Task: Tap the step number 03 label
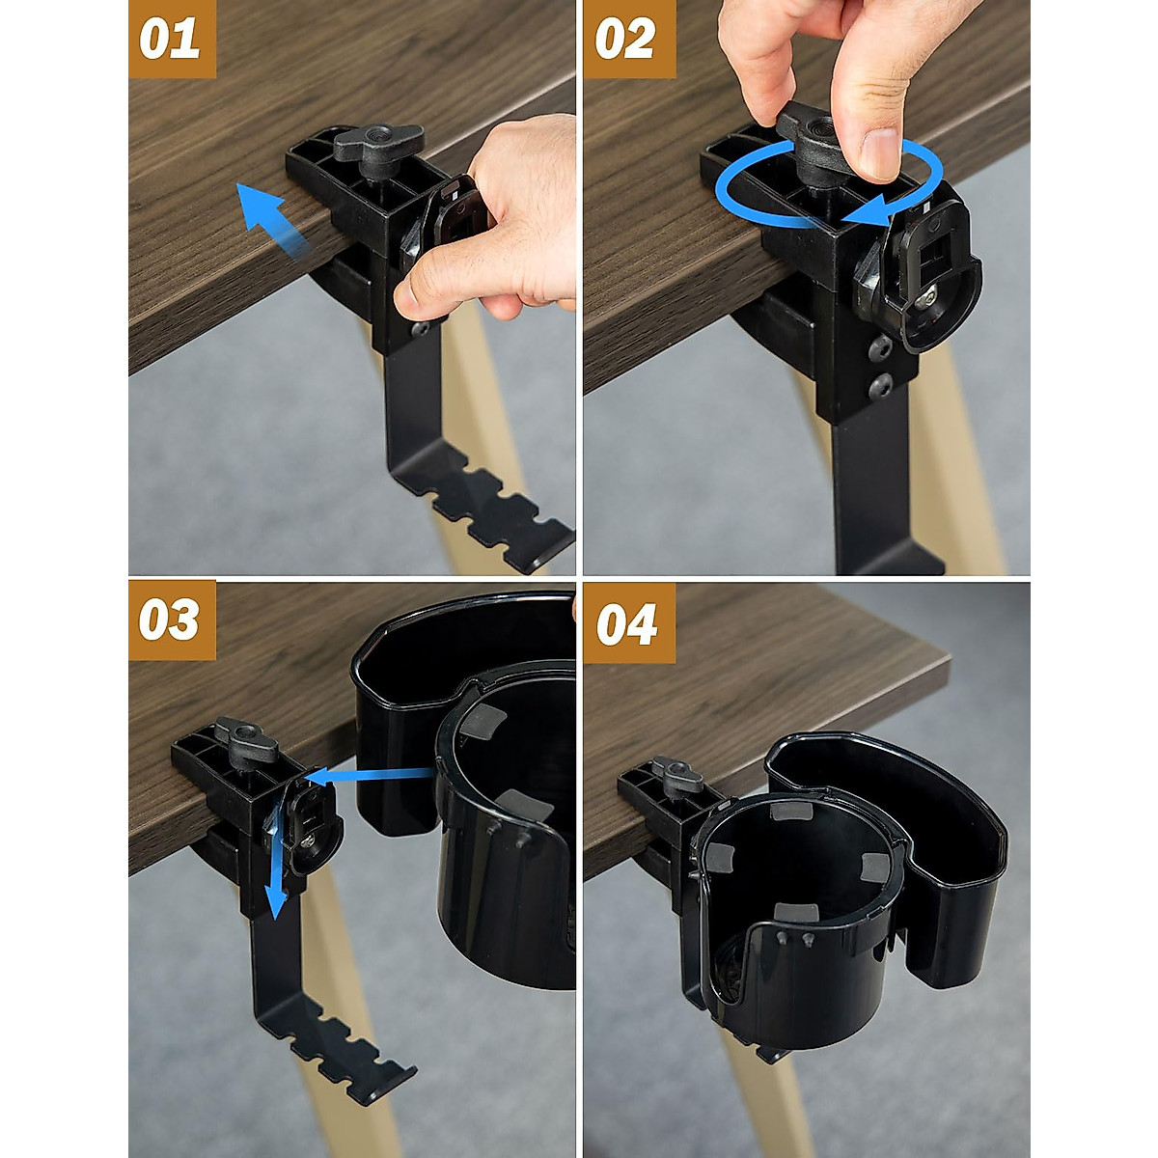171,620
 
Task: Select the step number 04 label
627,623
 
